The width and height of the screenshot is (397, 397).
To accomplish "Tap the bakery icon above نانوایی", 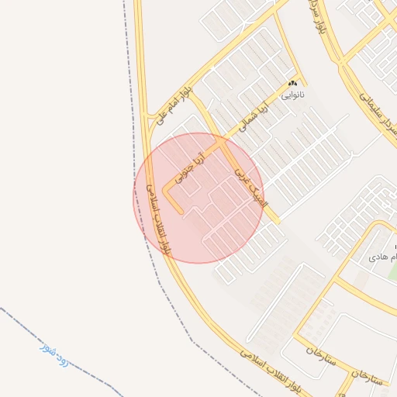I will pos(293,83).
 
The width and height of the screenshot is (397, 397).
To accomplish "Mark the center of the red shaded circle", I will pos(198,198).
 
